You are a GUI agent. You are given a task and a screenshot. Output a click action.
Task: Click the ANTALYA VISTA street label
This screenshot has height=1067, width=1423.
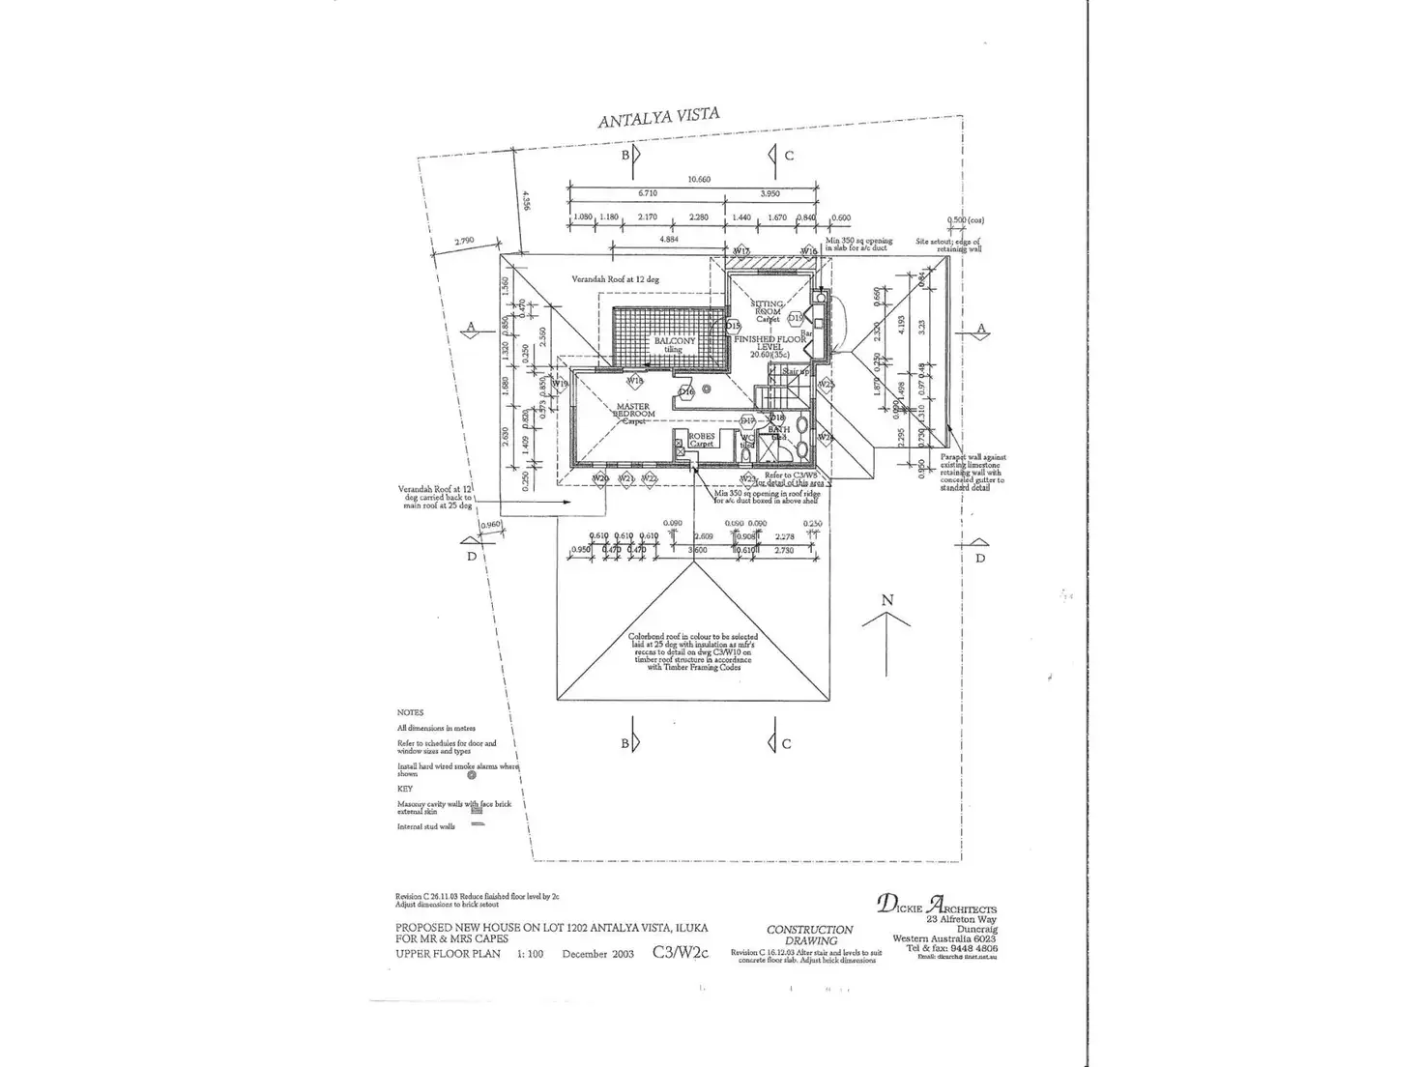(x=658, y=119)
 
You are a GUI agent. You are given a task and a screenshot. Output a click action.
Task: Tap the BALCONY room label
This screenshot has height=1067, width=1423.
(x=674, y=344)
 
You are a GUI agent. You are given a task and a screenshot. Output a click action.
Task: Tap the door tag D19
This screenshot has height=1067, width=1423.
(x=795, y=317)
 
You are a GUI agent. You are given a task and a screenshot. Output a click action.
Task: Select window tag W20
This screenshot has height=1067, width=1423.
(x=599, y=478)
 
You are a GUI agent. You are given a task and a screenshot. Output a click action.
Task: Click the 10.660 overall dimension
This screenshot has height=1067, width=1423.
(x=699, y=179)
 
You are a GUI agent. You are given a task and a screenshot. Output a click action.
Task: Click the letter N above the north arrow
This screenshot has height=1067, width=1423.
(x=887, y=600)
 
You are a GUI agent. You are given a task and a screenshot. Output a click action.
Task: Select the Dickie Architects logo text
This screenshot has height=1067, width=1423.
(x=936, y=906)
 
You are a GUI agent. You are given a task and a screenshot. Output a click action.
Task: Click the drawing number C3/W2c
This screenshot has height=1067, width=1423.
(x=680, y=952)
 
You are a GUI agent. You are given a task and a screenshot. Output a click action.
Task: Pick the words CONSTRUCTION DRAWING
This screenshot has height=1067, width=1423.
(x=809, y=935)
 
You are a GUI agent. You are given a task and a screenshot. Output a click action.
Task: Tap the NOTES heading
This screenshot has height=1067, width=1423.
(x=410, y=712)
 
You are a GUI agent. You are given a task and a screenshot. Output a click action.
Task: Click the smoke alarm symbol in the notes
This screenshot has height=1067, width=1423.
(x=471, y=774)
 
